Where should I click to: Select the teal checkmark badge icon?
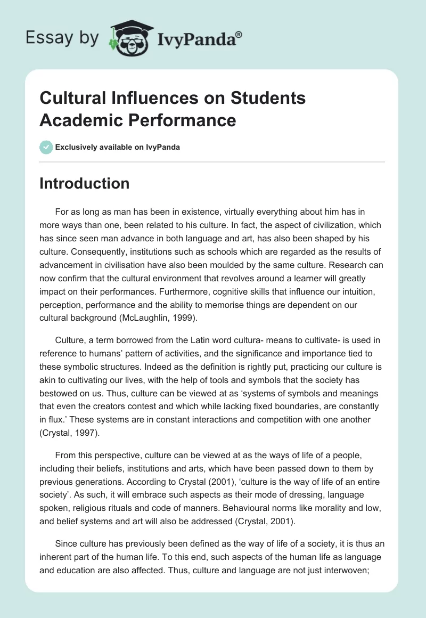[x=46, y=147]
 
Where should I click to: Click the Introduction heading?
[x=84, y=183]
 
